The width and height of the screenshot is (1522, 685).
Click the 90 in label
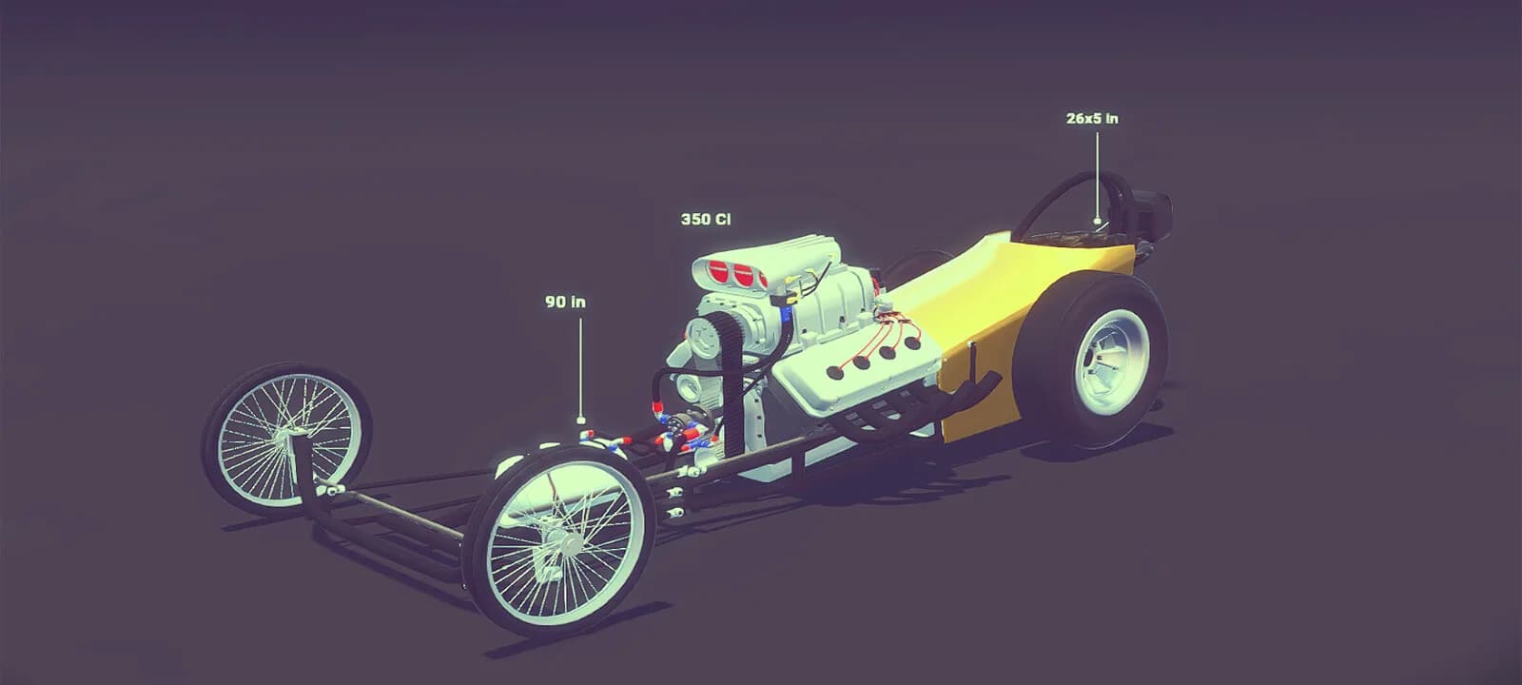[565, 302]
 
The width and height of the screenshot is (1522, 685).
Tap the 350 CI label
[706, 220]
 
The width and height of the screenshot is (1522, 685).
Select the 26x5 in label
[1092, 118]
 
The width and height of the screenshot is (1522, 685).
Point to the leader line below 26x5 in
[1097, 177]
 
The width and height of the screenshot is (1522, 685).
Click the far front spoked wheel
[286, 439]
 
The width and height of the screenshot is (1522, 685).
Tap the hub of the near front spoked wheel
[565, 543]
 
